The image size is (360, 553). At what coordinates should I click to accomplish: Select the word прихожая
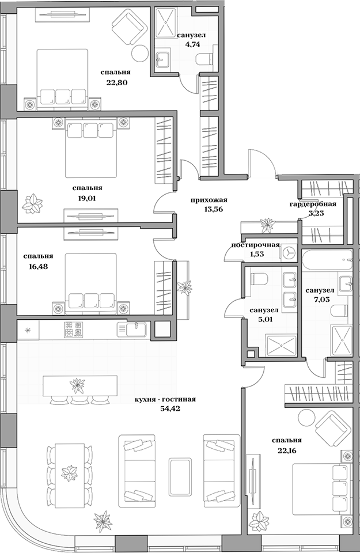click(210, 200)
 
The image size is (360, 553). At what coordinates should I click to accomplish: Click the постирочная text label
click(255, 245)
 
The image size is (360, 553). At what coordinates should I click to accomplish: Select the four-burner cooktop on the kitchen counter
click(73, 329)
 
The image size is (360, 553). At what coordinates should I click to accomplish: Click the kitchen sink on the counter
click(131, 329)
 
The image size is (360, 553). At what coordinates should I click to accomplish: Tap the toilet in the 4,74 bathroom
click(203, 58)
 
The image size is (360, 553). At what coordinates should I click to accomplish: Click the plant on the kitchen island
click(76, 383)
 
